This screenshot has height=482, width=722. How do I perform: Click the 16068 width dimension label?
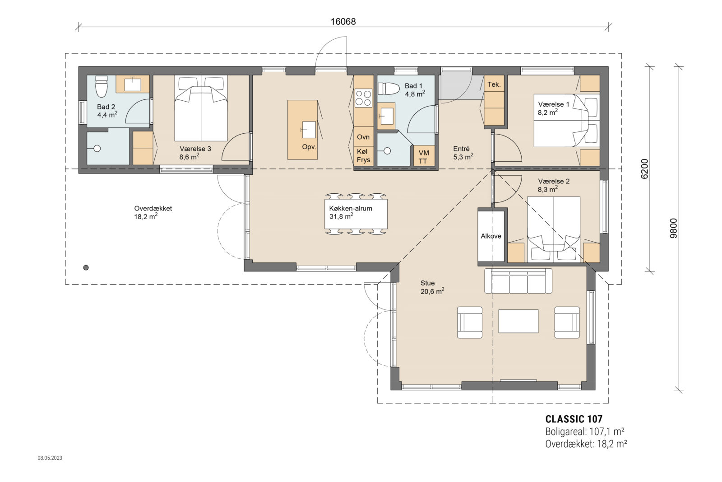(343, 21)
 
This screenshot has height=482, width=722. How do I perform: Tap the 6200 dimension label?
(644, 169)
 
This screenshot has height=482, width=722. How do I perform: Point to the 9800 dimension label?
(673, 228)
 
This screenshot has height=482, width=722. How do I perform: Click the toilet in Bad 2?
(102, 86)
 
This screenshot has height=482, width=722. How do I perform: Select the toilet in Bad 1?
(389, 89)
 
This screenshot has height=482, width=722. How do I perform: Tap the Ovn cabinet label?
(363, 137)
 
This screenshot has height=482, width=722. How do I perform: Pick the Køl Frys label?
(363, 155)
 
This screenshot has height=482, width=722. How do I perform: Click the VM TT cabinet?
(423, 156)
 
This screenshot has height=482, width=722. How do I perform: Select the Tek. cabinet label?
(494, 84)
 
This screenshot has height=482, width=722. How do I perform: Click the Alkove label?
(491, 236)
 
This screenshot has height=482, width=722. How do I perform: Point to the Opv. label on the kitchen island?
(309, 147)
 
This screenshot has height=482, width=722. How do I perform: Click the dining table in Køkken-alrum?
(356, 214)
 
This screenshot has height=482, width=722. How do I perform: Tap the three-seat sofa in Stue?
(518, 281)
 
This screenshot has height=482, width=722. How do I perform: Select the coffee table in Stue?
(518, 321)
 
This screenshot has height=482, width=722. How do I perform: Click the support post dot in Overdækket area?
(86, 267)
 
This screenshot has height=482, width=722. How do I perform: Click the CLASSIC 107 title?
(574, 419)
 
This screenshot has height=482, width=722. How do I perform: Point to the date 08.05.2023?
(50, 458)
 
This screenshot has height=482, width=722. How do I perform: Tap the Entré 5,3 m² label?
(463, 153)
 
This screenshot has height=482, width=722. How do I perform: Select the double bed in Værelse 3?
(201, 109)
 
